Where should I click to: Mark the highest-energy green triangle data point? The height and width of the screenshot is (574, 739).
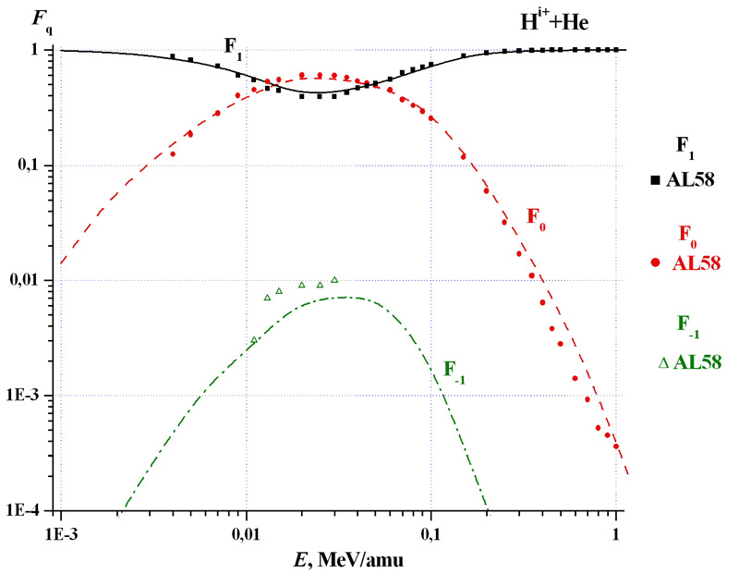click(334, 279)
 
